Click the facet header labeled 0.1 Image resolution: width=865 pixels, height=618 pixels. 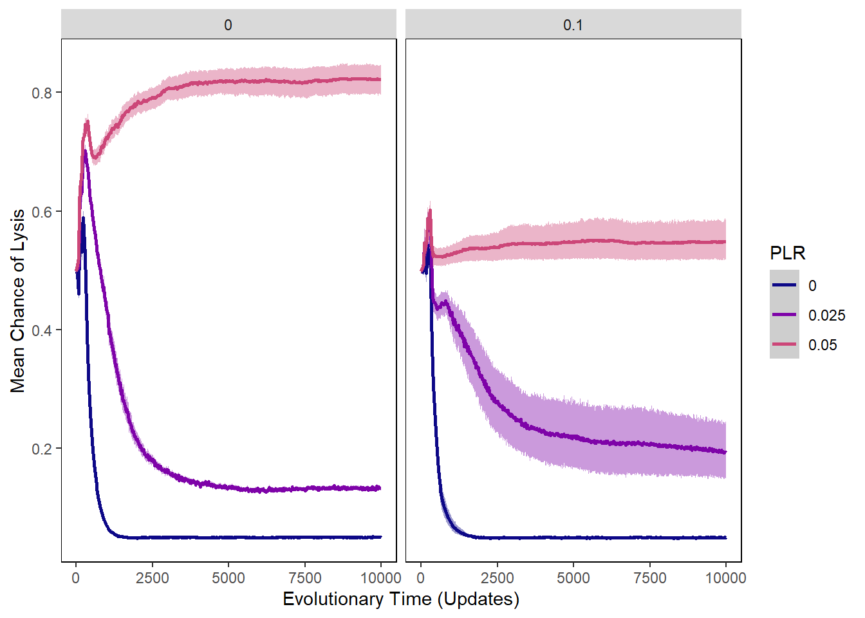(x=573, y=25)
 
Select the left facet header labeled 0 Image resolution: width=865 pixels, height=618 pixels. (x=228, y=25)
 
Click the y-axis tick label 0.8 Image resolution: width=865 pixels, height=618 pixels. (x=42, y=93)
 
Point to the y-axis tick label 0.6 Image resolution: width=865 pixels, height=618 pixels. (x=42, y=212)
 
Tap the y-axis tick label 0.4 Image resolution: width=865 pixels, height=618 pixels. (x=42, y=330)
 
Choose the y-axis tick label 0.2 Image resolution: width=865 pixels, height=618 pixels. (x=42, y=449)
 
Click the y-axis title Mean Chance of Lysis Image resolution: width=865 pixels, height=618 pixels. (x=18, y=301)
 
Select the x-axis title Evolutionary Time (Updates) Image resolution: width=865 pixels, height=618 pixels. (x=401, y=599)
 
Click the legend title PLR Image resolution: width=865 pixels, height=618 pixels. (x=787, y=253)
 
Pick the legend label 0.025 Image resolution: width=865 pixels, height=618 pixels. (x=826, y=315)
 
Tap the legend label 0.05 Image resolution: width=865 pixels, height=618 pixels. (x=823, y=345)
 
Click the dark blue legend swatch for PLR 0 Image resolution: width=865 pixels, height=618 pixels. (x=784, y=285)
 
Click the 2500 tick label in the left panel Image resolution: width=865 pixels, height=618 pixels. (x=152, y=578)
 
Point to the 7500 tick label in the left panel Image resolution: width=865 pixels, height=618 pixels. (x=304, y=578)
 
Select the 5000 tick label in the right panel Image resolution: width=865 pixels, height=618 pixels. (x=573, y=578)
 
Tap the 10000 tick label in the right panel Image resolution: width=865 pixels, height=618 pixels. (x=725, y=578)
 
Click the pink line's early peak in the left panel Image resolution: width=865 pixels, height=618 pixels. (x=87, y=121)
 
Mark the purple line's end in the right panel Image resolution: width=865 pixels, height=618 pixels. (x=725, y=452)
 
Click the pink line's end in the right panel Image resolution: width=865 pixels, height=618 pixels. (x=725, y=241)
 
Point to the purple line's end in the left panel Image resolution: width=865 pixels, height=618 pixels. (x=380, y=488)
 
